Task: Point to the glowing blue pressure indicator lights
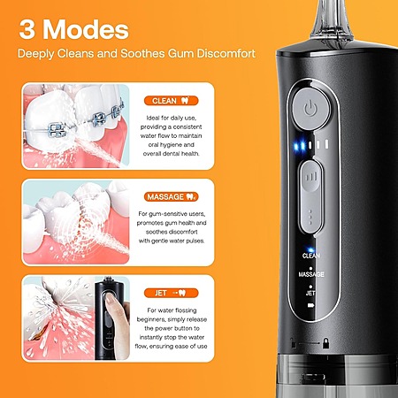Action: coord(306,143)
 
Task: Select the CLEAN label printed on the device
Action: coord(311,255)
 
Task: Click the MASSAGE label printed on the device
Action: coord(311,274)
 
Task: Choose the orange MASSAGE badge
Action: coord(185,195)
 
